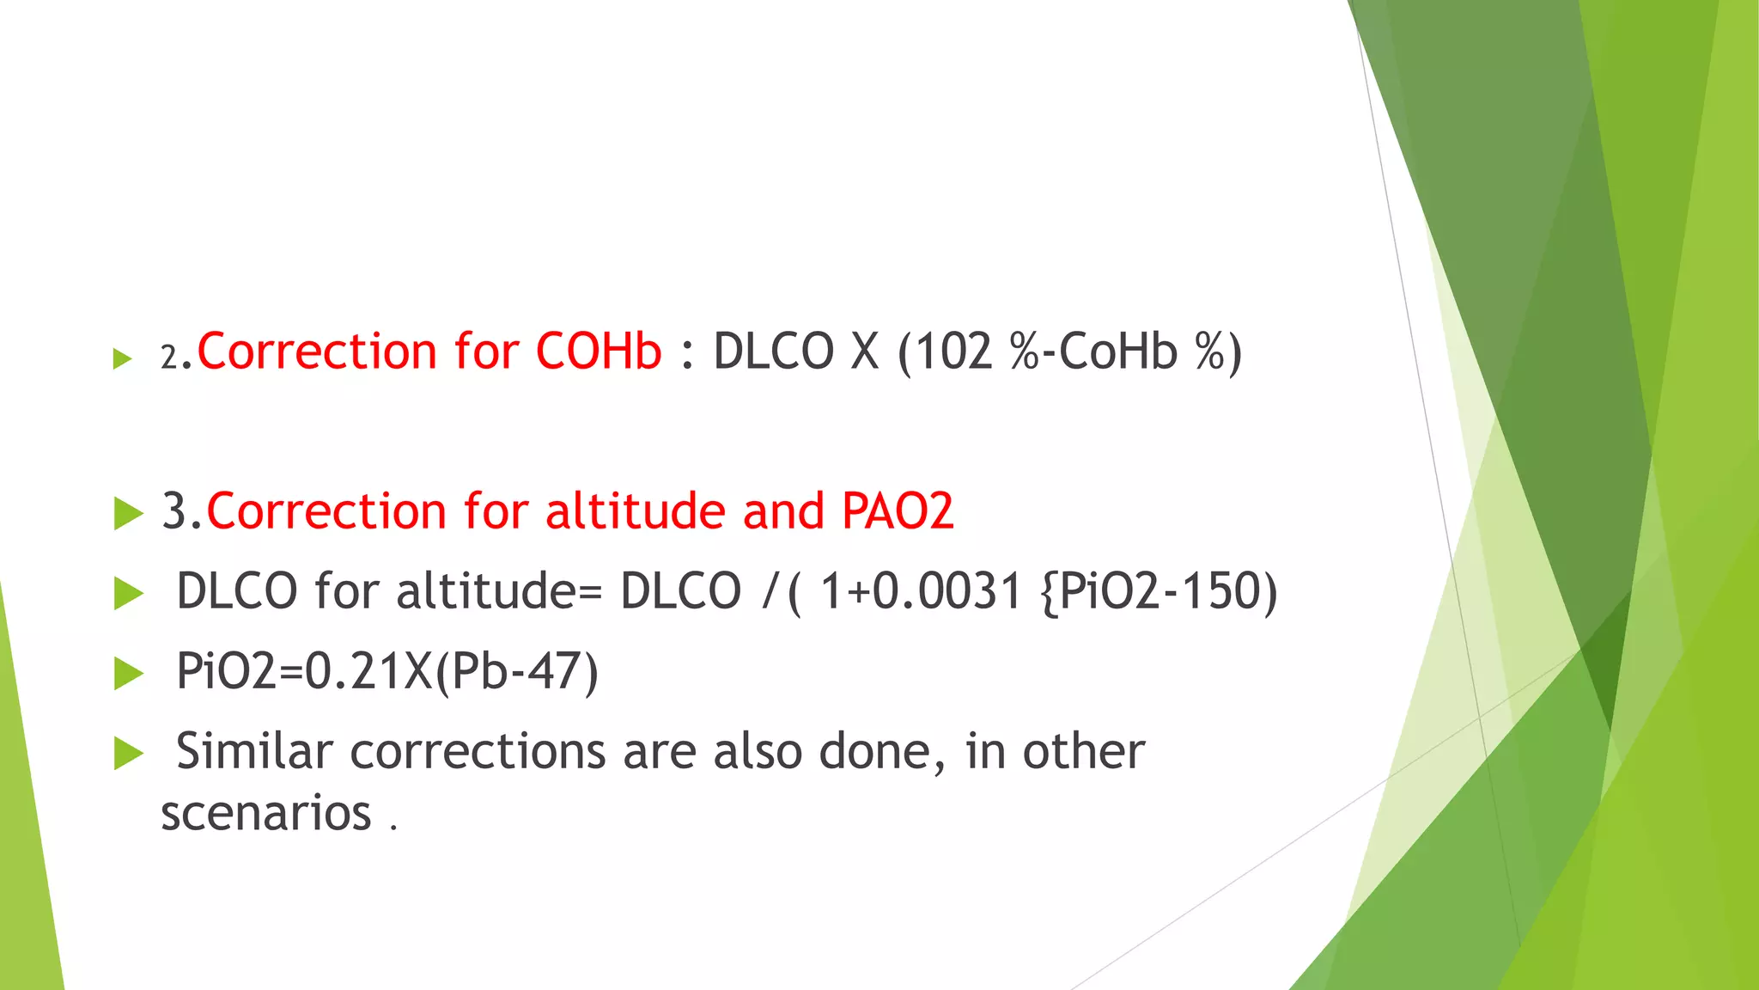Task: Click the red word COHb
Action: [599, 351]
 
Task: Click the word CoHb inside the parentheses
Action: [1117, 351]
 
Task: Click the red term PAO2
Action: [898, 511]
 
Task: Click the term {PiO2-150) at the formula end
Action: [1159, 591]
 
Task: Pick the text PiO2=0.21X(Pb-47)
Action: [386, 671]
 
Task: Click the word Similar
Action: [254, 751]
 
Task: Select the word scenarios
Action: [266, 813]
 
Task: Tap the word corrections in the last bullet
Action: [478, 752]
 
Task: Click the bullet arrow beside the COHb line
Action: [123, 358]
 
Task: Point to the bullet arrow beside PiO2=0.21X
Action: [128, 674]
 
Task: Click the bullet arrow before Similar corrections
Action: [128, 754]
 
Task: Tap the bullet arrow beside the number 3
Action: [128, 513]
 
